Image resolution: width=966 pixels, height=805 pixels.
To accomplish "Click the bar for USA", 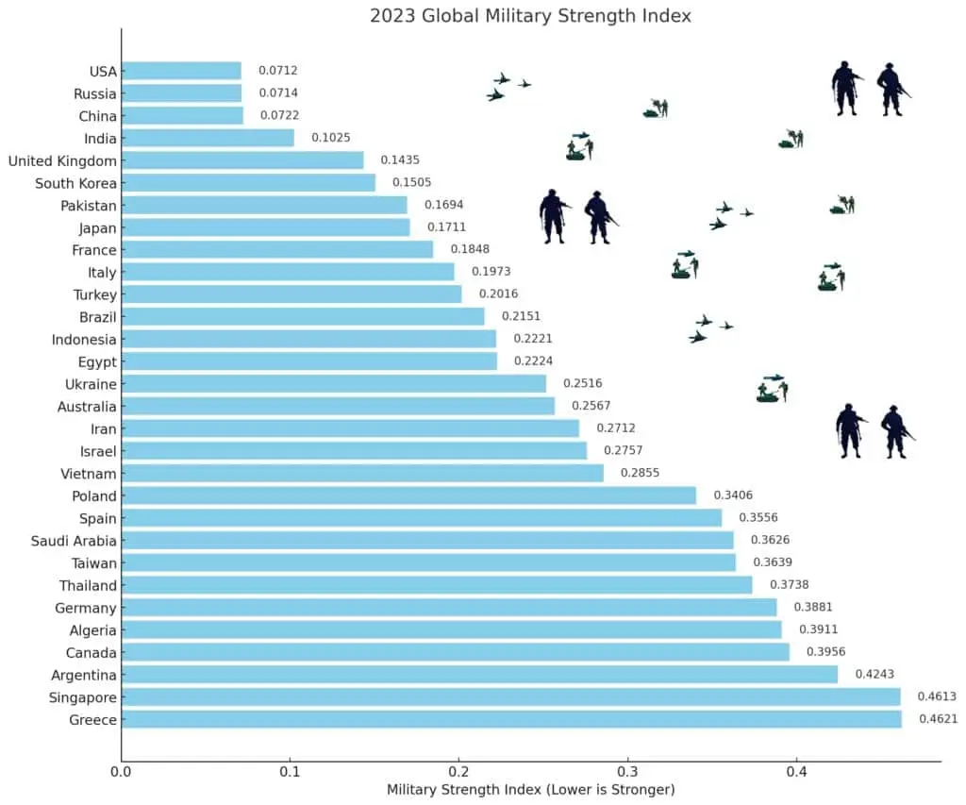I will point(181,71).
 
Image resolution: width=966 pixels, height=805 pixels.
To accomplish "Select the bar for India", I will point(208,138).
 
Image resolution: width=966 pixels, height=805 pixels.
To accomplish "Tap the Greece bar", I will point(511,720).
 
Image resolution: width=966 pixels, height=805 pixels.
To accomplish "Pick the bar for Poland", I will point(408,495).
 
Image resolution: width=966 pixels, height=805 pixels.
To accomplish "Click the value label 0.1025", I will point(331,138).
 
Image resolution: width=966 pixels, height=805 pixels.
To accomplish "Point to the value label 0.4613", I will point(939,697).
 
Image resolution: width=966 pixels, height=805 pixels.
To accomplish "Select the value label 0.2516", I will point(582,384).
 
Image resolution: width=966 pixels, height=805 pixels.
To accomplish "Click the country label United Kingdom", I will point(62,160).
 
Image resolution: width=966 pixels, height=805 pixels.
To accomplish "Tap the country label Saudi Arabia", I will point(74,541).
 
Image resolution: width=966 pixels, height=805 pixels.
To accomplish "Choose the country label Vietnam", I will point(88,474).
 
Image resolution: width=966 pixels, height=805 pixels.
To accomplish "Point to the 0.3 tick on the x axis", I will point(627,771).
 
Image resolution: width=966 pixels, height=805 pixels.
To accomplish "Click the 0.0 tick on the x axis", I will point(121,771).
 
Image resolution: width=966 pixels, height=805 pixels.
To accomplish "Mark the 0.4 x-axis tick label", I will point(796,771).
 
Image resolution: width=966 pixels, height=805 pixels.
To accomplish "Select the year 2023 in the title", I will point(390,15).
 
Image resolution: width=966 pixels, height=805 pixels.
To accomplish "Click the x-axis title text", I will point(530,789).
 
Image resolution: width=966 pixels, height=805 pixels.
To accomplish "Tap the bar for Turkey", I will point(291,294).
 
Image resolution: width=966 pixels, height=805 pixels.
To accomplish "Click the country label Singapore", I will point(83,697).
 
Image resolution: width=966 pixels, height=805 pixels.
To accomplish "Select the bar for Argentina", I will point(479,675).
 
